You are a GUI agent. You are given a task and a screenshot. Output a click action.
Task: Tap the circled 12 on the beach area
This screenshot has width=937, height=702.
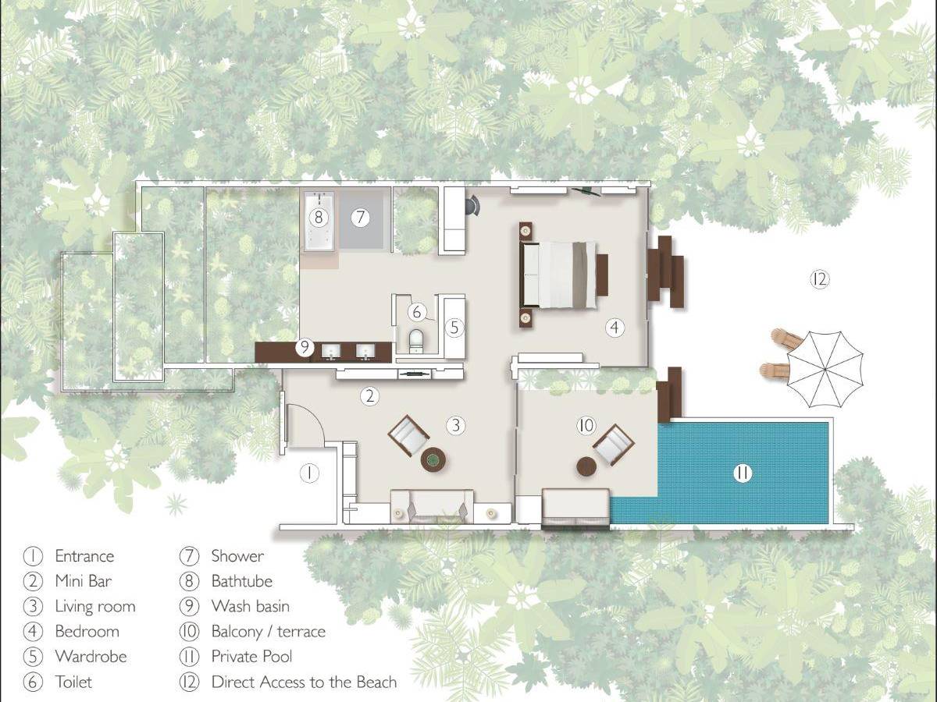click(820, 279)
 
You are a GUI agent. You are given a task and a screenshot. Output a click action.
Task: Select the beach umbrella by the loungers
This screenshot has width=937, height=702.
click(825, 369)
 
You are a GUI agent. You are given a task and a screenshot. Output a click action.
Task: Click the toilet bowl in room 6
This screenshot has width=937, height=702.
click(415, 341)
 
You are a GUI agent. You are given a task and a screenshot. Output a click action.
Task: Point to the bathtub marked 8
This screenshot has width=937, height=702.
click(319, 221)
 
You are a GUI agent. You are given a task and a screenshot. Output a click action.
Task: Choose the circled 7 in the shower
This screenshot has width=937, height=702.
click(360, 218)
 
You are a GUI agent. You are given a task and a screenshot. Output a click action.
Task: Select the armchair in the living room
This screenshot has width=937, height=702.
click(408, 435)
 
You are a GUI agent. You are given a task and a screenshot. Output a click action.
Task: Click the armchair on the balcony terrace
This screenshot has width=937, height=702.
click(614, 445)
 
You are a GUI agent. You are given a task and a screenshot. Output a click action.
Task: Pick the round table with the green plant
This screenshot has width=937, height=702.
click(433, 459)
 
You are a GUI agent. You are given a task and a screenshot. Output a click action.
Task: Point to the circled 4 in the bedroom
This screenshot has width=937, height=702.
click(615, 328)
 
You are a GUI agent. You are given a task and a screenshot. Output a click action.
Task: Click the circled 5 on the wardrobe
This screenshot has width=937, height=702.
click(454, 328)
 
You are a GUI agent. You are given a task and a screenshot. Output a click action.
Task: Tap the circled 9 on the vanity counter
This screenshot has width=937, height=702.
click(305, 347)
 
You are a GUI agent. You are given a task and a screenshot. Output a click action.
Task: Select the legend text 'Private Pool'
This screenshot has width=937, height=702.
click(252, 657)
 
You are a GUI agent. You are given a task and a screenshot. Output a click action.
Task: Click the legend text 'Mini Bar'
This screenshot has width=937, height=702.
click(84, 581)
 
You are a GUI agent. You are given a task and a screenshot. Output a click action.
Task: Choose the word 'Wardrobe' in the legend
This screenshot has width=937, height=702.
click(91, 657)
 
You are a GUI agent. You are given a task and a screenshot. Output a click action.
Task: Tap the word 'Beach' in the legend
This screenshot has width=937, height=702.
click(376, 682)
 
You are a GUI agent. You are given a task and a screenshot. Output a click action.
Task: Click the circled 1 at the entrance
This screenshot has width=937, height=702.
click(309, 473)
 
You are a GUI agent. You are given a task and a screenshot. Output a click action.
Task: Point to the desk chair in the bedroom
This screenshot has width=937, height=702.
click(472, 206)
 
